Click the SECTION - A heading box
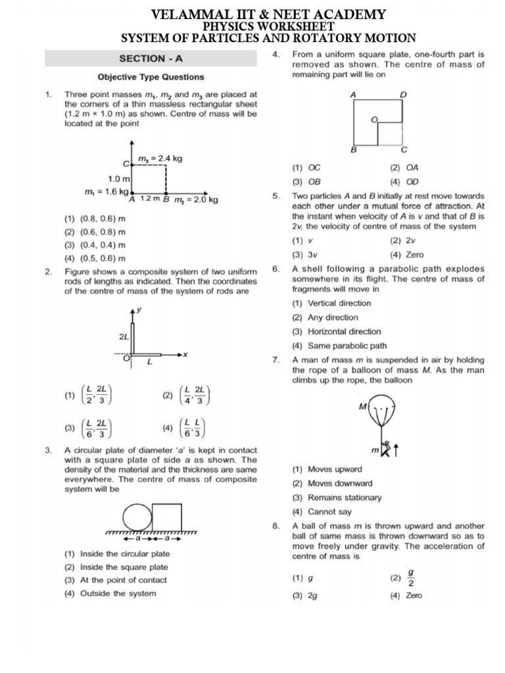point(151,59)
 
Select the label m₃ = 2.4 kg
point(160,158)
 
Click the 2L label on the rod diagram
point(124,336)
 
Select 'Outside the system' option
point(118,593)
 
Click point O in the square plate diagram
point(374,120)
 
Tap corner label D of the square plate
point(404,95)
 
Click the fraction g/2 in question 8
point(411,579)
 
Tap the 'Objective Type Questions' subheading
point(151,77)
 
